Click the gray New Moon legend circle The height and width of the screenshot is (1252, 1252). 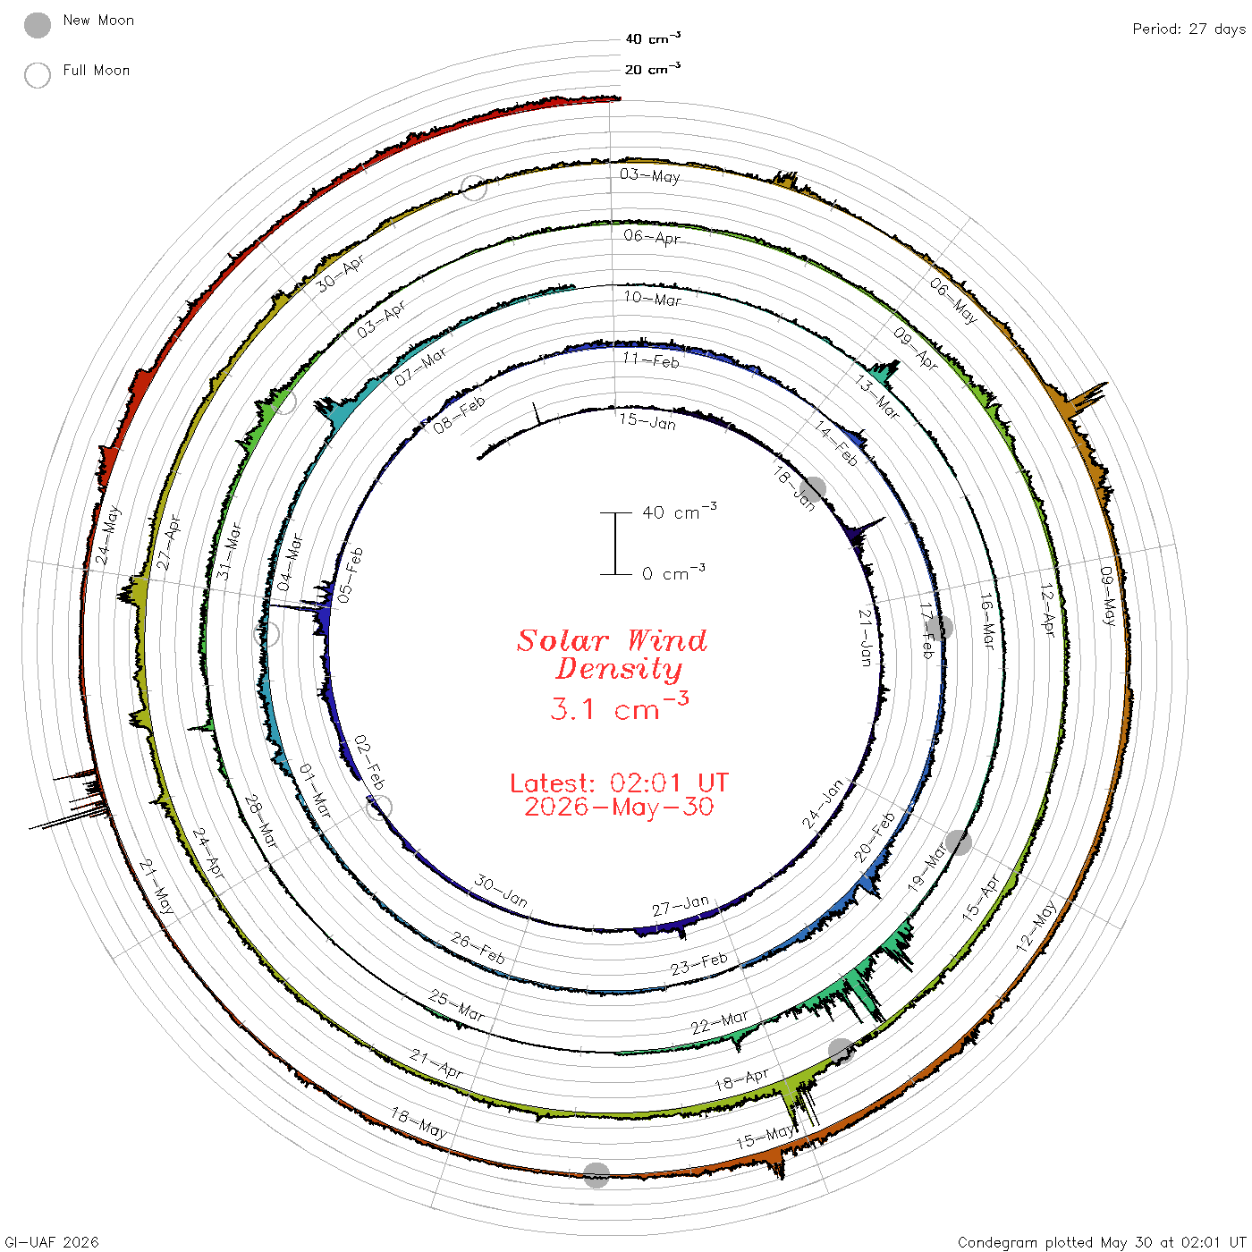[37, 25]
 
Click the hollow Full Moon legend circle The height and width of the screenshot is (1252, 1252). [37, 75]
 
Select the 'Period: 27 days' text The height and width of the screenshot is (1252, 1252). [1189, 30]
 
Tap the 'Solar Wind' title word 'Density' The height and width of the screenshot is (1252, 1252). [618, 669]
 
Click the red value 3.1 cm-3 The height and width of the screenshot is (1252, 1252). [619, 707]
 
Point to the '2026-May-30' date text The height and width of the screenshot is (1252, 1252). [619, 807]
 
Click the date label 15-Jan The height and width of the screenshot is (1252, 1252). [647, 421]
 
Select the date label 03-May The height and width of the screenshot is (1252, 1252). [649, 174]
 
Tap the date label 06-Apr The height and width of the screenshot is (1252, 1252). [651, 237]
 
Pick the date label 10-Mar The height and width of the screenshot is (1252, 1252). [652, 298]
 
